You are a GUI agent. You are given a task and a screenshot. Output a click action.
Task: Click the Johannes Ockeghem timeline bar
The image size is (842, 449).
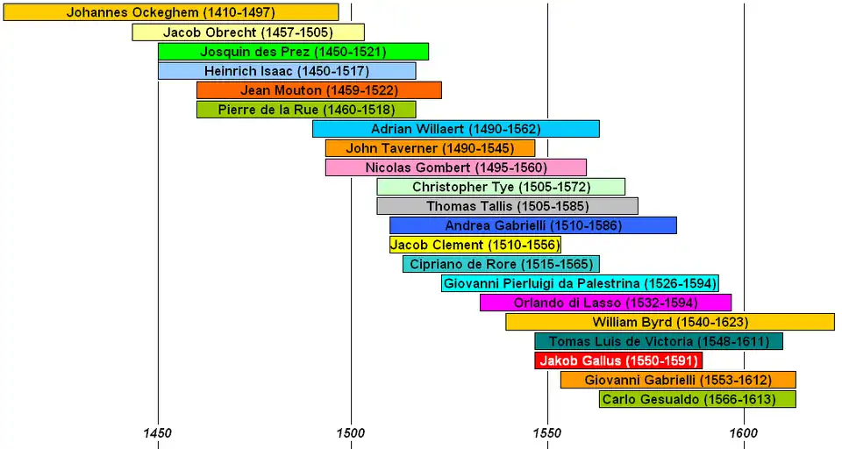click(x=170, y=13)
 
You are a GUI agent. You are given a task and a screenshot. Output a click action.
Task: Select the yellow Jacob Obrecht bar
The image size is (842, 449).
click(x=248, y=32)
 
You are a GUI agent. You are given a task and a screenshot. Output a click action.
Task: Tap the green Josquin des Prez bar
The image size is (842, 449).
click(x=293, y=52)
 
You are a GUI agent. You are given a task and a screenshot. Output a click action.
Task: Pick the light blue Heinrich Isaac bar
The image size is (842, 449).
click(x=287, y=71)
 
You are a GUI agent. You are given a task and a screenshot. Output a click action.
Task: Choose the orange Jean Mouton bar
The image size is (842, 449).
click(x=319, y=90)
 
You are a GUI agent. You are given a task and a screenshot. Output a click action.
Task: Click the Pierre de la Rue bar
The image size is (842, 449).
click(x=306, y=110)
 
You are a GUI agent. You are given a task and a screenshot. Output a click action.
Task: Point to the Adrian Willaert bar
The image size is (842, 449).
click(x=456, y=129)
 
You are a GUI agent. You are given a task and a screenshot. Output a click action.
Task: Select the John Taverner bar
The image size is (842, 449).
click(x=430, y=148)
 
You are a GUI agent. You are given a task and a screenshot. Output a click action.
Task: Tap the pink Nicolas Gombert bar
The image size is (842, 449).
click(x=456, y=167)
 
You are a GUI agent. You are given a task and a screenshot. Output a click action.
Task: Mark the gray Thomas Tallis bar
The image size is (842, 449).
click(x=508, y=206)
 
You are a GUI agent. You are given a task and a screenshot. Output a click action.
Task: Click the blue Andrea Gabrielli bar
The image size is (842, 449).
click(x=533, y=225)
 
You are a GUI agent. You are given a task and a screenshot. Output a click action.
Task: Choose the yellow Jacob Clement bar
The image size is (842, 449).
click(x=475, y=245)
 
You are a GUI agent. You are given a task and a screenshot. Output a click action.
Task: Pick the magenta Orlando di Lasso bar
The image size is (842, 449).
click(x=605, y=303)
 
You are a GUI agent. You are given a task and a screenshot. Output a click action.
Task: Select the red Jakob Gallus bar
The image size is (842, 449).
click(x=618, y=360)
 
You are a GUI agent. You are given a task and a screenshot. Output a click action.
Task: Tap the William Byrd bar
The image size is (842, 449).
click(x=670, y=322)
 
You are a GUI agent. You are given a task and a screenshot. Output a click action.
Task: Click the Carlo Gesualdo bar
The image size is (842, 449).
click(x=697, y=399)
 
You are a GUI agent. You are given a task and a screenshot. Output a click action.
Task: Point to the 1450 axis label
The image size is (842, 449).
click(x=158, y=432)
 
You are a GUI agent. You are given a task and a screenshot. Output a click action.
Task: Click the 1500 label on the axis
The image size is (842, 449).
click(x=350, y=432)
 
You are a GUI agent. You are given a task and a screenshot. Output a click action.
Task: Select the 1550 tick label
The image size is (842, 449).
click(x=546, y=432)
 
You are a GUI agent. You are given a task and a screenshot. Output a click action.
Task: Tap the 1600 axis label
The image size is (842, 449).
click(x=743, y=432)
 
